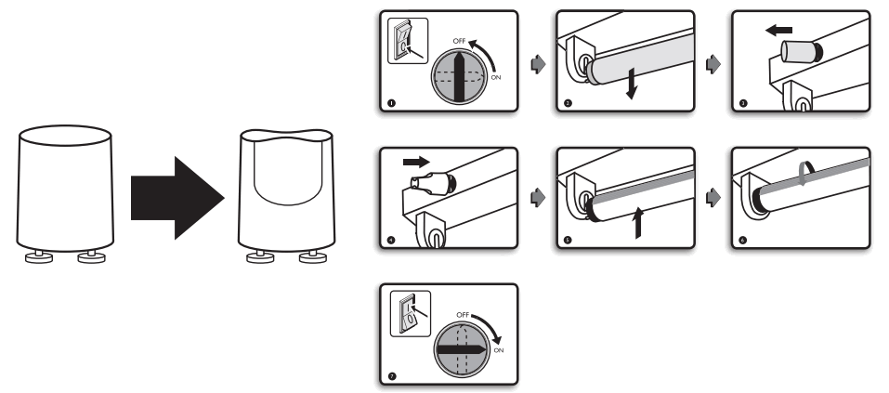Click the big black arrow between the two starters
point(174,196)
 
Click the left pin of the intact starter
point(40,256)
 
